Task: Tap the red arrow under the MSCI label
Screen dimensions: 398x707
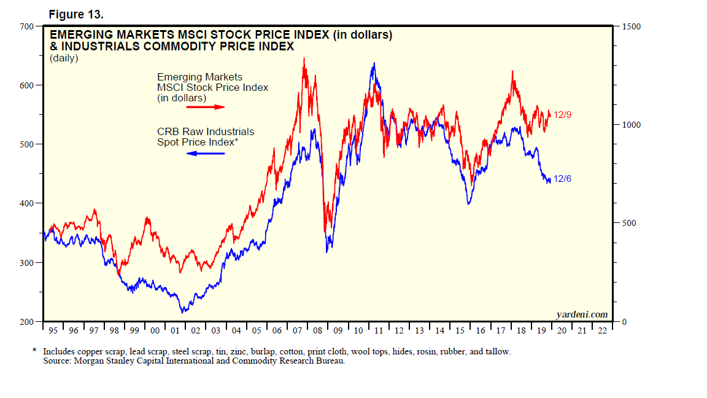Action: point(205,107)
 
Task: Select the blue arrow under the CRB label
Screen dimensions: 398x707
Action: point(205,153)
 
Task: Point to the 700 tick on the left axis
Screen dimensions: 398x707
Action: point(27,26)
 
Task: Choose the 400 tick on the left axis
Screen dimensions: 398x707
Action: point(27,203)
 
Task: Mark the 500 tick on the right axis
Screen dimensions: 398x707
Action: point(627,223)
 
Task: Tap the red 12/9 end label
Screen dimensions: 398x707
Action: point(563,115)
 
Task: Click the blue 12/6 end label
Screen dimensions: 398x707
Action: point(563,179)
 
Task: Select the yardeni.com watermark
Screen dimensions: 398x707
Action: point(582,315)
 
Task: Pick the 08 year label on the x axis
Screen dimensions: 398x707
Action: point(317,331)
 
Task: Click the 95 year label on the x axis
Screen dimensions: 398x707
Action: point(53,331)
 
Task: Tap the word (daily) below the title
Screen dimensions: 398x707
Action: point(64,58)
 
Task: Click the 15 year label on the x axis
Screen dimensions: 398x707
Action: point(460,331)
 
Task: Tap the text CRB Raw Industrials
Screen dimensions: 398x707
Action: point(206,131)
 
